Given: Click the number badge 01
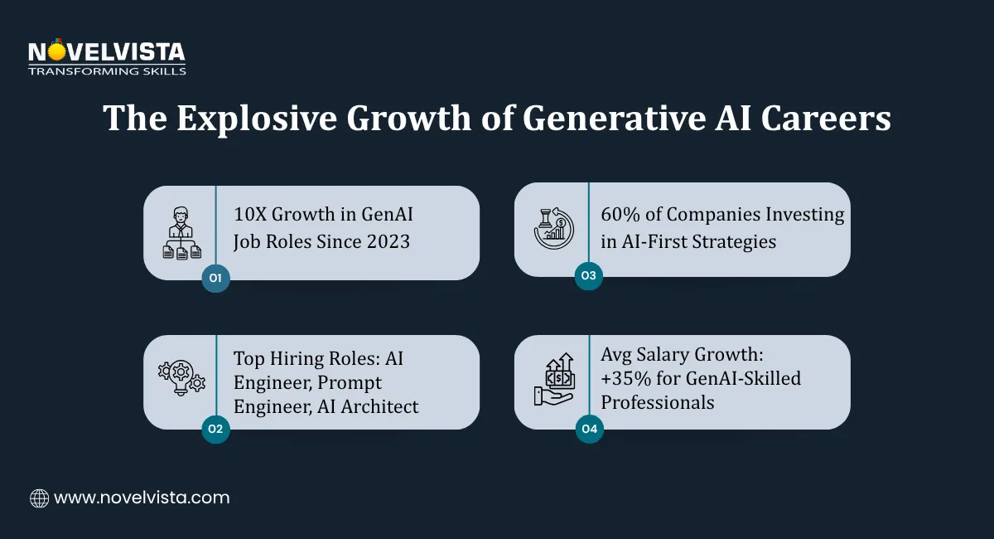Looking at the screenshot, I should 215,279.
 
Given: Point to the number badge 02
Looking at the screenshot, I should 215,429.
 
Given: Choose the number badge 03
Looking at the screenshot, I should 587,276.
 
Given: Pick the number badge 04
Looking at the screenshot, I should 587,429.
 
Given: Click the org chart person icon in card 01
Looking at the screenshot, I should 181,233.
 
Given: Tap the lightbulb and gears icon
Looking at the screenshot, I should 181,381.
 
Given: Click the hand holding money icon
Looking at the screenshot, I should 552,381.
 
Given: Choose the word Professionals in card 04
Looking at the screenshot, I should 658,402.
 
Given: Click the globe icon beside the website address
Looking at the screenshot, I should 39,498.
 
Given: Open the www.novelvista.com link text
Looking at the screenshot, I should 142,498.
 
